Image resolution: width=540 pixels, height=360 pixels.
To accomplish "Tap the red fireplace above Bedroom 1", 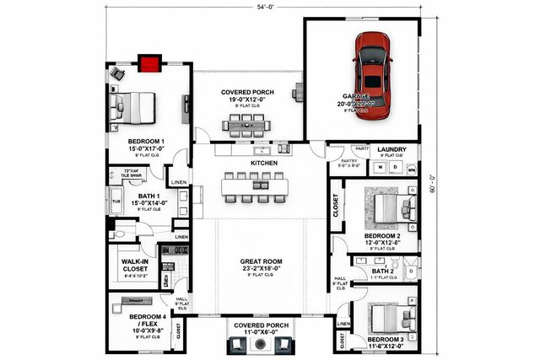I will click(150, 62).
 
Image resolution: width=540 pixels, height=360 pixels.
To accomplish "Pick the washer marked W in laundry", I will click(380, 168).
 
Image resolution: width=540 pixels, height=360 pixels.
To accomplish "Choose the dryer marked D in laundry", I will click(394, 168).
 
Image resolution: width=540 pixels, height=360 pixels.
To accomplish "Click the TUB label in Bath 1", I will click(115, 202).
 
